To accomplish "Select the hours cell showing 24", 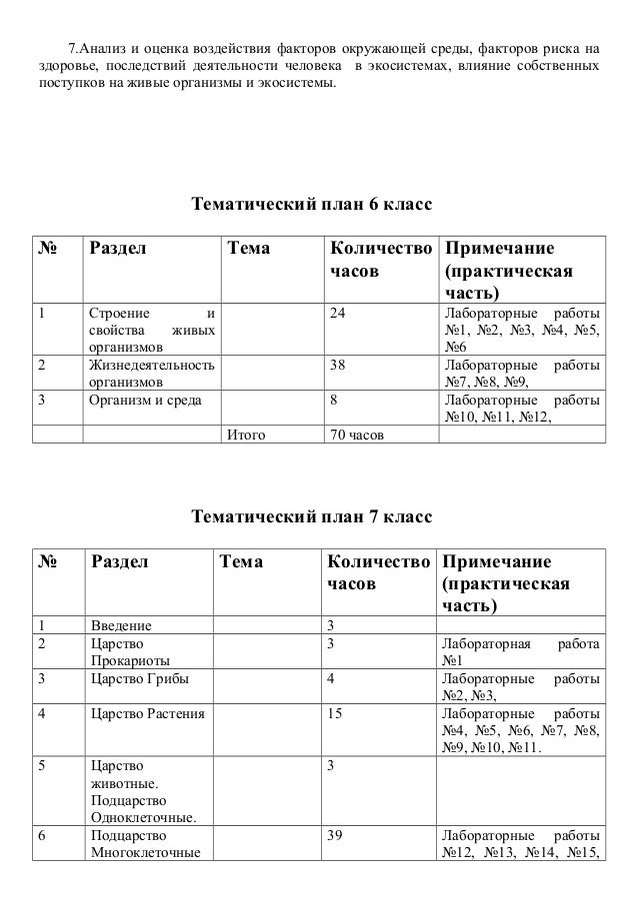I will pos(338,314).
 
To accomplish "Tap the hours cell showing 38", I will pos(338,365).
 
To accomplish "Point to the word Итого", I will pos(246,435).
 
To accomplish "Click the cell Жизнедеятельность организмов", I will pos(151,373).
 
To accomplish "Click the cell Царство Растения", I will pos(147,714).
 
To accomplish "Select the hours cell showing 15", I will pos(338,714).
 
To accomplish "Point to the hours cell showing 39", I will pos(338,836).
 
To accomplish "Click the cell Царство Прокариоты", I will pos(129,652).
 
